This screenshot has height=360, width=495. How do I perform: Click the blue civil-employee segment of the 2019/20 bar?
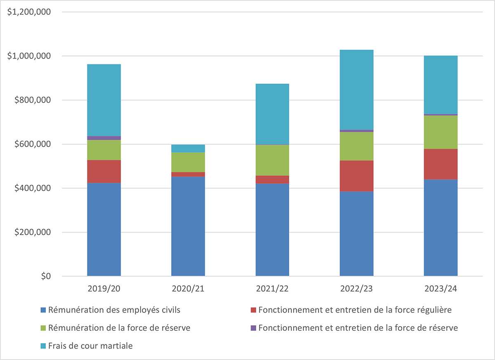[104, 229]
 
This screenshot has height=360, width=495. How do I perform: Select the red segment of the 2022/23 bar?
[356, 176]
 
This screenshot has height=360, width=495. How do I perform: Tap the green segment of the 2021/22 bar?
[272, 160]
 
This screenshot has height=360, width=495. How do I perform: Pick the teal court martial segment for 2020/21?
[188, 148]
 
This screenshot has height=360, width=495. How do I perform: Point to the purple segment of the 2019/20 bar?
[104, 138]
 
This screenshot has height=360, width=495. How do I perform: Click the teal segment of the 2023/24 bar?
[441, 85]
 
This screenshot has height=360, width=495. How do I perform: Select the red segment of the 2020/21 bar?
[188, 174]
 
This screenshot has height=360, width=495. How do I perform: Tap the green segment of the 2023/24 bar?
[441, 132]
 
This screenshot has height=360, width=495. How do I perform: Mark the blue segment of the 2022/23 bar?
[356, 234]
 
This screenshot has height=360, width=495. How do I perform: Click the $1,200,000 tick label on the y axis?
[29, 12]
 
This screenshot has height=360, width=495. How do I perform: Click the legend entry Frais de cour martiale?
[90, 346]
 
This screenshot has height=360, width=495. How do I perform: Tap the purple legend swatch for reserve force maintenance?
[253, 328]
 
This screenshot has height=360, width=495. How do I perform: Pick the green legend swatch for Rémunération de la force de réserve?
[43, 328]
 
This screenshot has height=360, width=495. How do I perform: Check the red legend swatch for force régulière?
[253, 310]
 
